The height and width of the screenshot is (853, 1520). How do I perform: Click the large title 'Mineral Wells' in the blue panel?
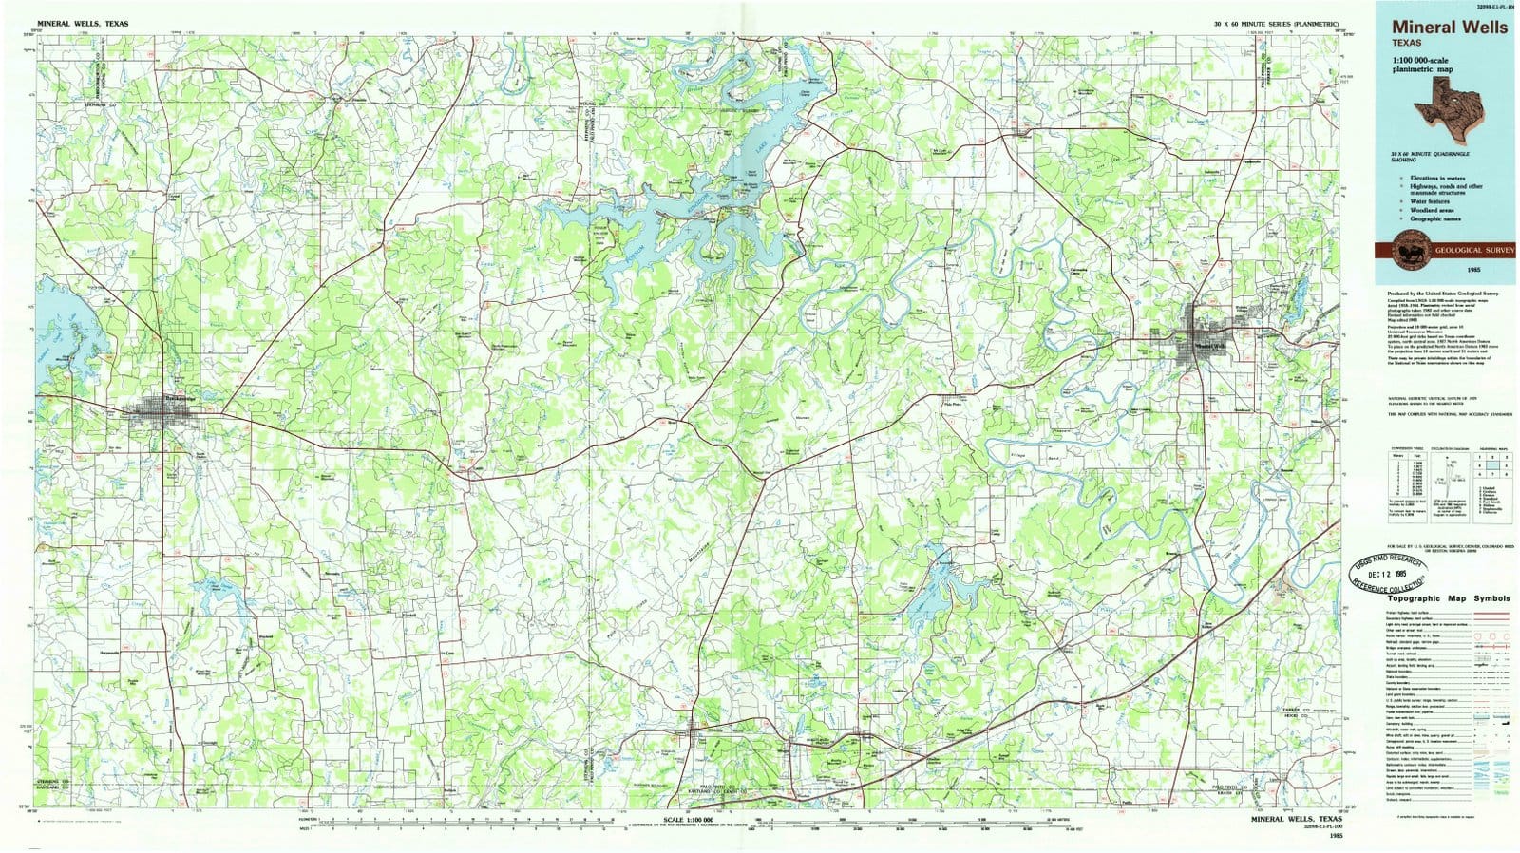click(1450, 28)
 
